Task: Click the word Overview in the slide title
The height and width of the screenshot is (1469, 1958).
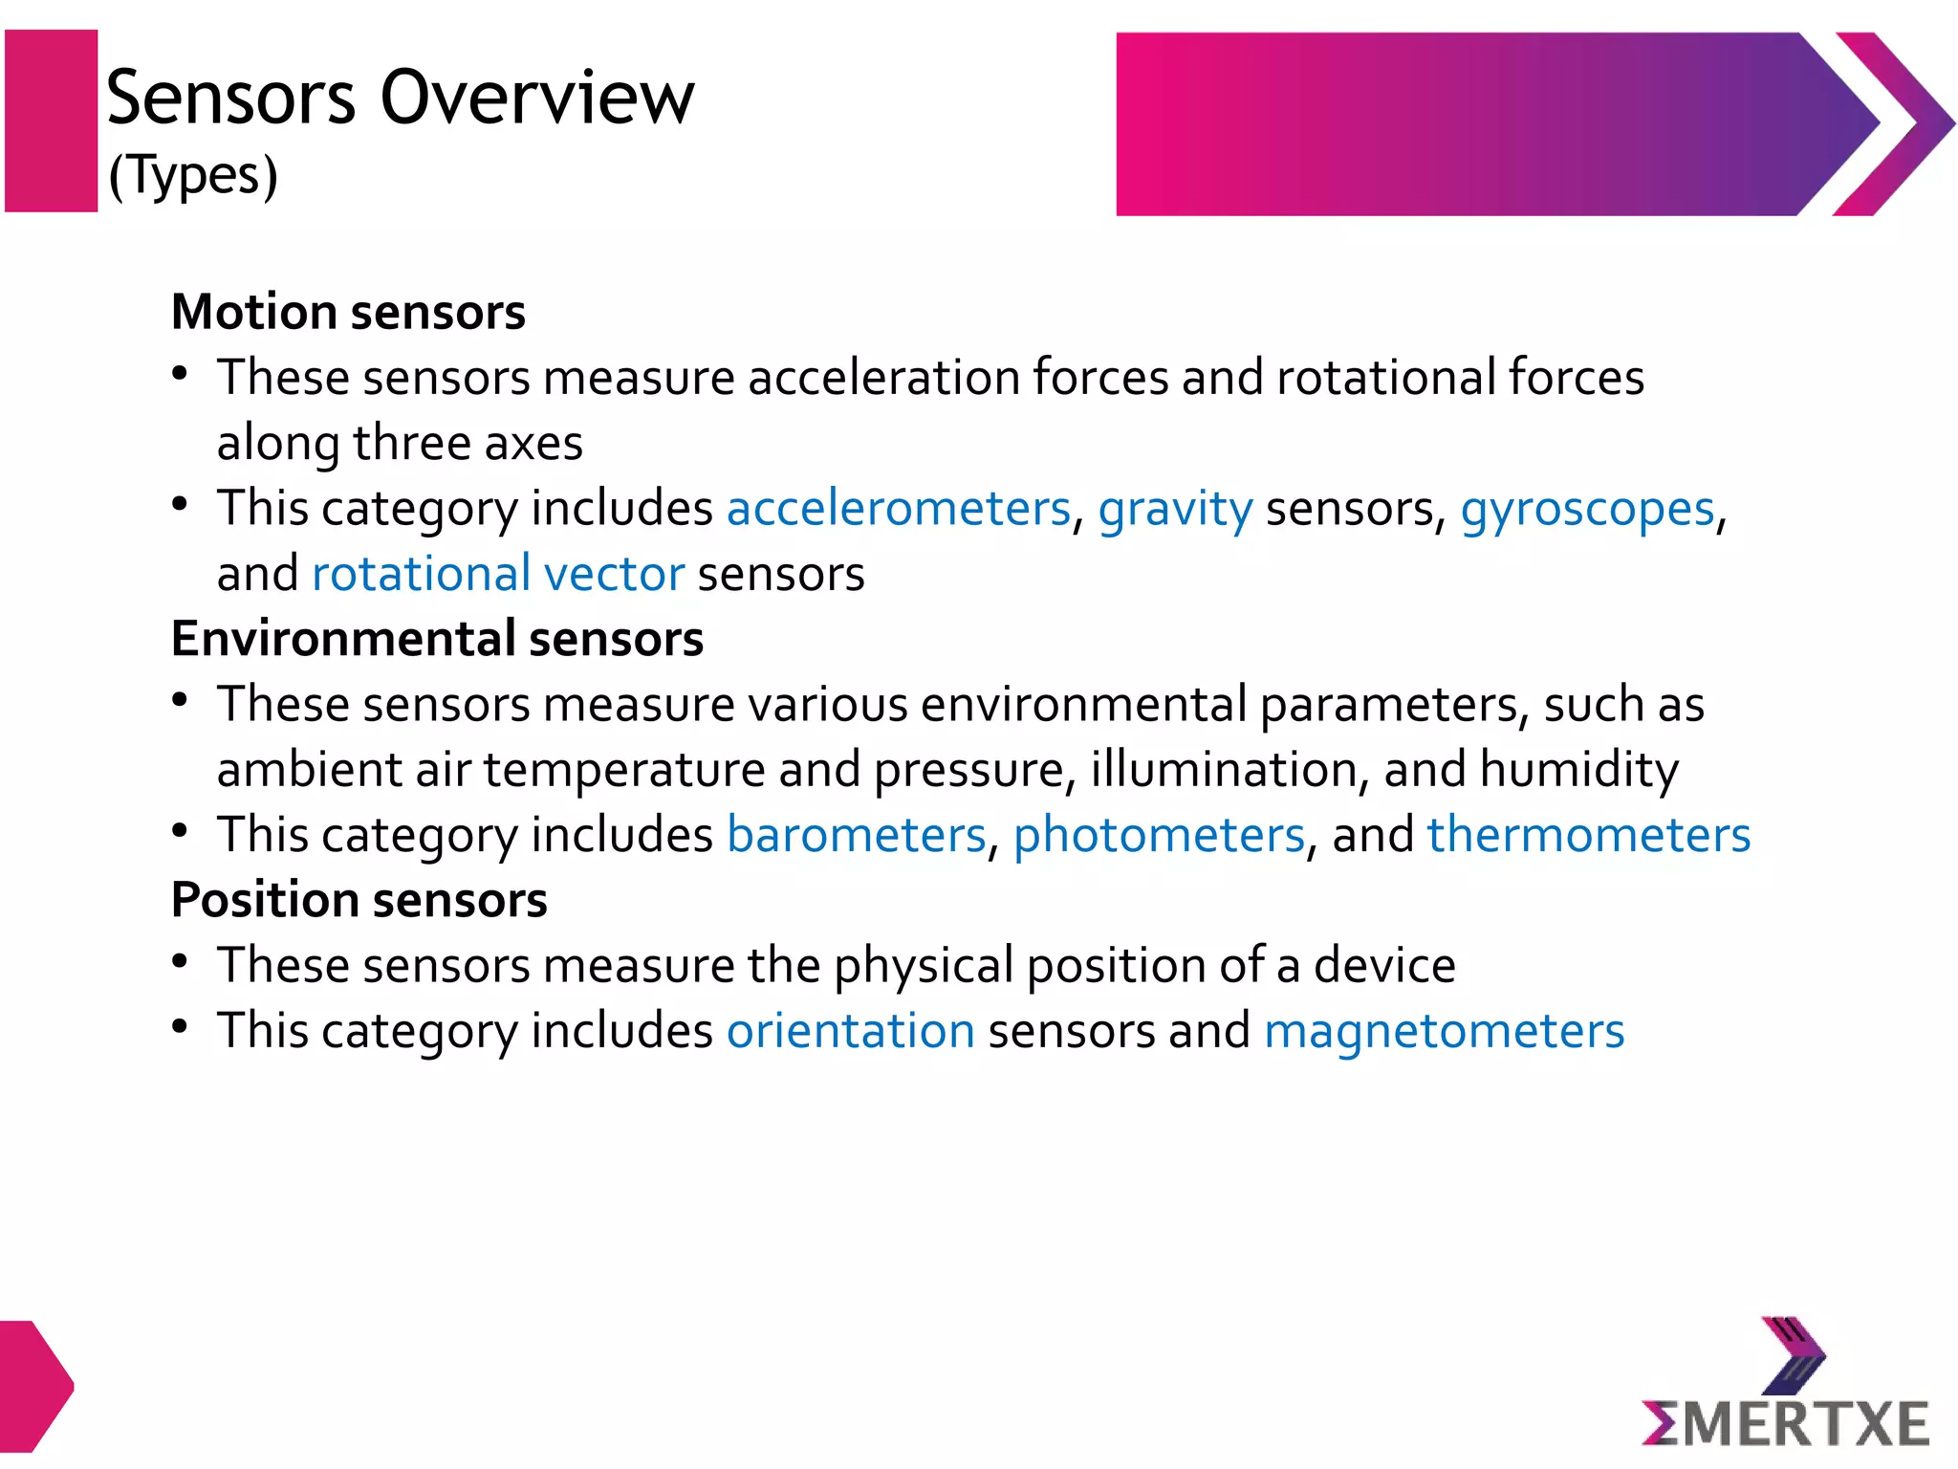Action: click(537, 98)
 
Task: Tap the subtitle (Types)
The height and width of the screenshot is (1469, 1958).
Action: click(193, 175)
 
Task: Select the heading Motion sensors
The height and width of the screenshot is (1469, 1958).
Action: click(348, 312)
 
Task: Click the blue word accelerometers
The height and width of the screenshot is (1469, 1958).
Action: click(898, 508)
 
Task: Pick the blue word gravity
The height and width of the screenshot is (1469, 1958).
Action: click(1174, 509)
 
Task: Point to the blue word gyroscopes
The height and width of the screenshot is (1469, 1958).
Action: click(1587, 509)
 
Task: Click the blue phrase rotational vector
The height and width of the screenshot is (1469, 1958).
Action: click(498, 574)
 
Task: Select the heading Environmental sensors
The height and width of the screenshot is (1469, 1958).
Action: click(437, 639)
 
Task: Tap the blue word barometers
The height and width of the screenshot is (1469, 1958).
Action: click(856, 835)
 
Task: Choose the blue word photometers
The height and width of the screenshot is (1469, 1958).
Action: click(1159, 835)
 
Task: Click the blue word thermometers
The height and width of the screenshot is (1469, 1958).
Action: click(1588, 835)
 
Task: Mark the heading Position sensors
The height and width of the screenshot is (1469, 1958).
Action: click(359, 900)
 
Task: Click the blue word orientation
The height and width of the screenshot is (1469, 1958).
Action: click(850, 1031)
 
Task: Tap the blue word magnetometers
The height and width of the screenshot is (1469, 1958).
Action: click(1444, 1031)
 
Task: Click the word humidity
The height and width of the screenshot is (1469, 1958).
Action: click(1578, 770)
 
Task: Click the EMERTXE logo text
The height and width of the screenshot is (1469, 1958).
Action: click(1786, 1423)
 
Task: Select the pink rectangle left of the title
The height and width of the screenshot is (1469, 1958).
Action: click(52, 121)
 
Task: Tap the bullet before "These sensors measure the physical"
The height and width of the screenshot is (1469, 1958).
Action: click(180, 960)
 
